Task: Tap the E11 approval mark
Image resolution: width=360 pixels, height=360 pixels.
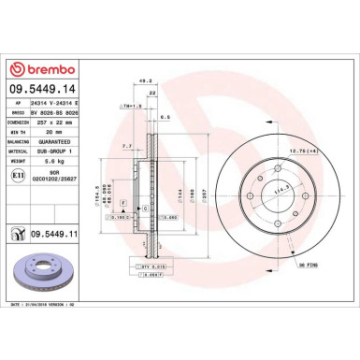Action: coord(19,175)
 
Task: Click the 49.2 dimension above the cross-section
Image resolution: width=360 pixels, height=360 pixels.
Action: coord(146,82)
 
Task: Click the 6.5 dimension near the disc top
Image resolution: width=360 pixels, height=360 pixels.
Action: coord(165,118)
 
